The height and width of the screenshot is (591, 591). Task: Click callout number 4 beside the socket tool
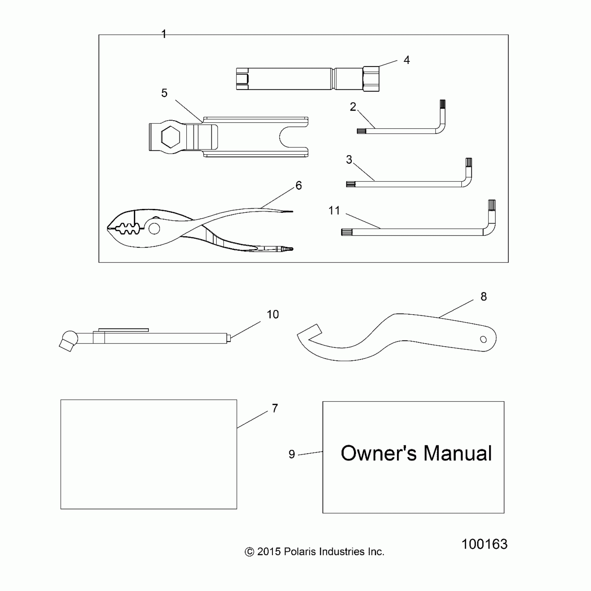(x=406, y=60)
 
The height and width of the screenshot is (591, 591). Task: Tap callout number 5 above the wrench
(x=164, y=93)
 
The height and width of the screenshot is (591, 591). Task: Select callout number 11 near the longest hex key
(x=334, y=210)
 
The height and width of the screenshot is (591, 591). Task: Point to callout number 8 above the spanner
(x=484, y=297)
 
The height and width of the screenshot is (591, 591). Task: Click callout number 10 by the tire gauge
(x=273, y=315)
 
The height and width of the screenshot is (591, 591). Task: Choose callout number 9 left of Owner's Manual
(x=292, y=454)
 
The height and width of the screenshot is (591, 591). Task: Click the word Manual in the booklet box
(x=458, y=453)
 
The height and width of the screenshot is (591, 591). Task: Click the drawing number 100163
(x=484, y=544)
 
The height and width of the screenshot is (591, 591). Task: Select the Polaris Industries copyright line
(x=315, y=552)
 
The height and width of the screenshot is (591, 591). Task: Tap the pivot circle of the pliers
(x=154, y=228)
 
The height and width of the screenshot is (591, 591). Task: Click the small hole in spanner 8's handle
(x=483, y=339)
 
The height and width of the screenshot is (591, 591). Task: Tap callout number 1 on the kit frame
(x=164, y=34)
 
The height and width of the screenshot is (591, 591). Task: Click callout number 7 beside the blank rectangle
(x=275, y=408)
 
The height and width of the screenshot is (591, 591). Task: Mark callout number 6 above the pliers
(x=299, y=185)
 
